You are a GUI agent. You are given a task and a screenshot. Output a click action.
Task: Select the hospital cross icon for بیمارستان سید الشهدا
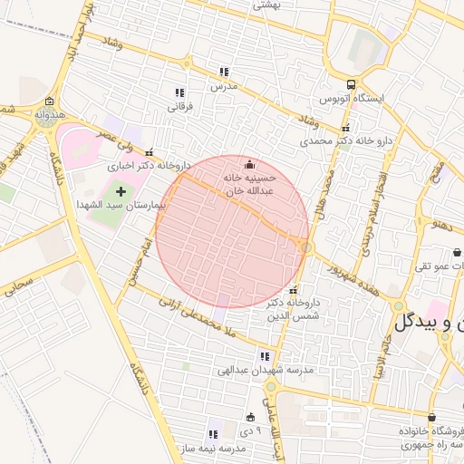tap(121, 192)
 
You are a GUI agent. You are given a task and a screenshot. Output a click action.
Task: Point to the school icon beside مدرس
tap(224, 72)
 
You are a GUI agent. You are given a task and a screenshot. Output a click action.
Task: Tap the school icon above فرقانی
tap(179, 92)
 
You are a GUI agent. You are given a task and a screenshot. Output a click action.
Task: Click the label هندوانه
tap(49, 115)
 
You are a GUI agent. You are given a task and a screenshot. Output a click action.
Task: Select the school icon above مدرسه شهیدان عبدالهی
tap(265, 357)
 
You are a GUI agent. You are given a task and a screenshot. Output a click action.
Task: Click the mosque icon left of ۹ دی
tap(251, 417)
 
